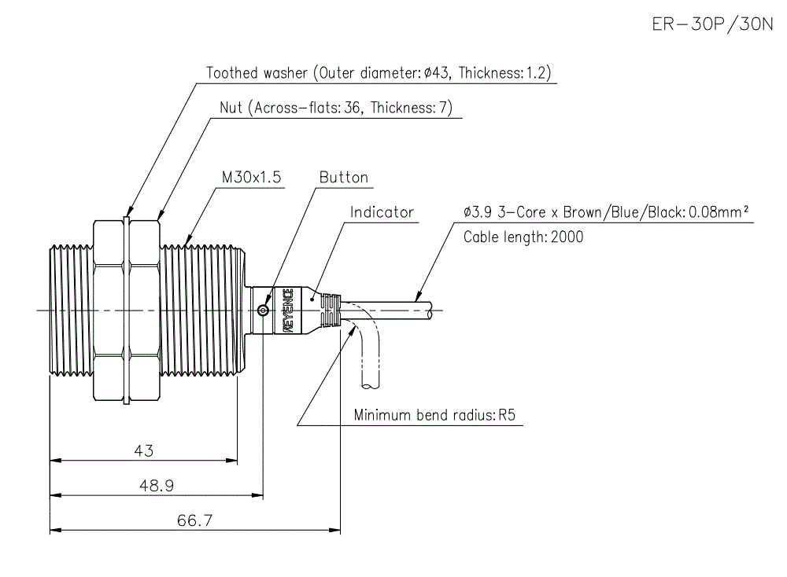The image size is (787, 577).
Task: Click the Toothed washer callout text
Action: point(379,73)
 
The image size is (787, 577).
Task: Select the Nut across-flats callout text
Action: point(336,108)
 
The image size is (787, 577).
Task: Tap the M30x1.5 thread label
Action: point(251,178)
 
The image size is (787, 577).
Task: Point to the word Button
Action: point(343,178)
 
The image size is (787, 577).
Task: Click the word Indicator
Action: point(382,212)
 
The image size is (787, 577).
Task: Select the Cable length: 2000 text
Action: point(523,237)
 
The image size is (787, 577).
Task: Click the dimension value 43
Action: point(143,450)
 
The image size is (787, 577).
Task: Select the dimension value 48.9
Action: point(156,486)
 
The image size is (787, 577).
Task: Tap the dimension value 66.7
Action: point(194,520)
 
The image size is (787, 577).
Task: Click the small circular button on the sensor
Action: point(264,311)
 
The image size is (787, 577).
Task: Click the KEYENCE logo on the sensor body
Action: point(287,311)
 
